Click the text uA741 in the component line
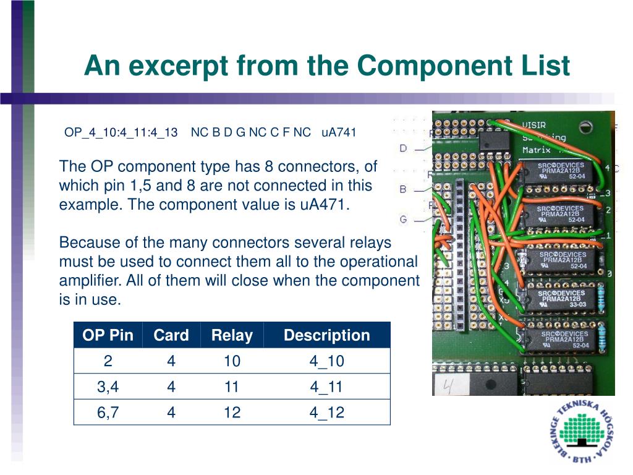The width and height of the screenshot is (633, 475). (x=339, y=132)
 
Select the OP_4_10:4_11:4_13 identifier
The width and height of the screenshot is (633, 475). (x=121, y=132)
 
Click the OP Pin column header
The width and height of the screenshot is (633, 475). (x=108, y=335)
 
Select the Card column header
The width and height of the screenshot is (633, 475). (x=171, y=335)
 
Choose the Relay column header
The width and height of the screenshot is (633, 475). (x=232, y=335)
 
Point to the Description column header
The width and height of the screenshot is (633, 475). (x=326, y=335)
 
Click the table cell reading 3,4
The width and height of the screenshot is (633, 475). (x=108, y=387)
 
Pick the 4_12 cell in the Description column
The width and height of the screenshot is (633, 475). (x=326, y=413)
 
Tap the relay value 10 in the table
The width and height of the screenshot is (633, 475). (x=232, y=361)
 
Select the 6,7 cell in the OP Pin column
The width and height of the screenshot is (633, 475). (x=108, y=413)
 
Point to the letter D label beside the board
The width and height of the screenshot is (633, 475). (x=403, y=148)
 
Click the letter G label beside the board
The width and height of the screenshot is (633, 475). (x=403, y=219)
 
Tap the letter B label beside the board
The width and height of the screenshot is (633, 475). (x=403, y=189)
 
